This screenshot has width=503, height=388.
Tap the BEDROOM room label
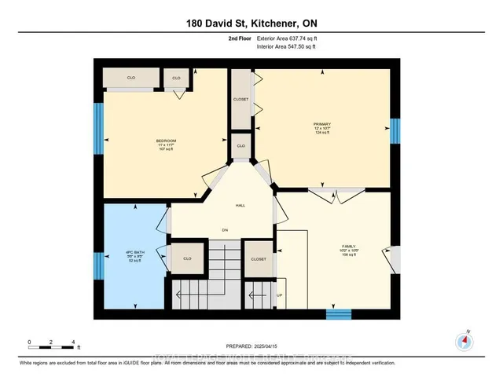tap(166, 143)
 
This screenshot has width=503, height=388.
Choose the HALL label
tap(240, 205)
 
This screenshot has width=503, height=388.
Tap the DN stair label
tap(225, 231)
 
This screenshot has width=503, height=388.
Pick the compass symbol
tap(465, 341)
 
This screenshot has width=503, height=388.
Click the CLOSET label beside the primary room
tap(240, 100)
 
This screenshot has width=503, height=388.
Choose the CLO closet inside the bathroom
tap(187, 258)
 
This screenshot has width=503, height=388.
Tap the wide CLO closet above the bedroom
tap(132, 78)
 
